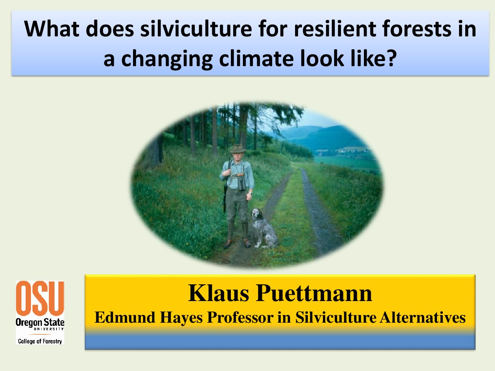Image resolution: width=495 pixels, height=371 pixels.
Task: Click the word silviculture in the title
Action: click(196, 29)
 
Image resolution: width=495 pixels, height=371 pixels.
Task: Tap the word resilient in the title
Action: click(334, 29)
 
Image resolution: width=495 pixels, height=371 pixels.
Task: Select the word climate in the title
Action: click(256, 59)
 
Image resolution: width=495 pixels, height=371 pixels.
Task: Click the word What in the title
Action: click(52, 29)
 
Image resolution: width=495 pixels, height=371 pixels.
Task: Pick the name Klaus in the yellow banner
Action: click(218, 293)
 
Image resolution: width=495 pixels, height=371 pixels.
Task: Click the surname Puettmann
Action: click(314, 293)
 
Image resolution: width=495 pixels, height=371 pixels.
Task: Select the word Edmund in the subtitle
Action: click(125, 317)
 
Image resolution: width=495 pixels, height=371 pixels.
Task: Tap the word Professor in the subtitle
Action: click(240, 317)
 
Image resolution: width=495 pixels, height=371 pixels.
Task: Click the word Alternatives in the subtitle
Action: click(423, 317)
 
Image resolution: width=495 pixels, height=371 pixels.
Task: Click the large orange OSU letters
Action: click(40, 298)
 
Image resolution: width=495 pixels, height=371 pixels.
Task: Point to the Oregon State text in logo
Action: click(40, 322)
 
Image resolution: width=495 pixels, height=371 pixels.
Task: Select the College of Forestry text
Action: click(40, 341)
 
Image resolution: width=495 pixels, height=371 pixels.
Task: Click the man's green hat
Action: click(237, 149)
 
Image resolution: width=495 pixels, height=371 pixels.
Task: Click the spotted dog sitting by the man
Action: click(264, 228)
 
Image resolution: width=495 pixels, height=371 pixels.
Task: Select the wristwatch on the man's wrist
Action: click(250, 193)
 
